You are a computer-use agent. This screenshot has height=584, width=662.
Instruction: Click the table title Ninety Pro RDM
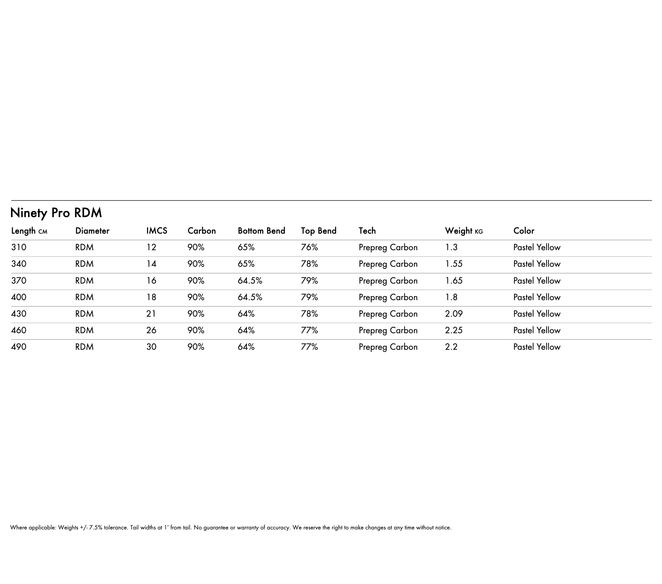(56, 213)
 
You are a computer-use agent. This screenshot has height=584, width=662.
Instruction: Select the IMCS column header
(157, 231)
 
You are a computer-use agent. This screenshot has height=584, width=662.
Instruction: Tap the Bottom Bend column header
(261, 231)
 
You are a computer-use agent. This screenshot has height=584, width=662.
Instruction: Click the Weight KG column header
(463, 231)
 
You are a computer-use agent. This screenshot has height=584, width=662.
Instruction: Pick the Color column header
(524, 231)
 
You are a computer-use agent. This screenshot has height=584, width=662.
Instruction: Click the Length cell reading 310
(19, 247)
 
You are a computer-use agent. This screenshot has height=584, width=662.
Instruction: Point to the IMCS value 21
(151, 314)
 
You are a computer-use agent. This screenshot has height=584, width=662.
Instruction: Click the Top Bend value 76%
(309, 247)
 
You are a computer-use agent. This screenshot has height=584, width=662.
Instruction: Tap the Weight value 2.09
(454, 314)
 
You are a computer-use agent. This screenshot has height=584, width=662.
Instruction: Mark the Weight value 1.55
(454, 264)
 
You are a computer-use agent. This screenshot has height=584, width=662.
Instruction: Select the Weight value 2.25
(454, 330)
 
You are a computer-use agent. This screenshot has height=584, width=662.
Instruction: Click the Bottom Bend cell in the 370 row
(250, 281)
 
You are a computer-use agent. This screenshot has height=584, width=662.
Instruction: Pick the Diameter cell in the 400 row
(84, 297)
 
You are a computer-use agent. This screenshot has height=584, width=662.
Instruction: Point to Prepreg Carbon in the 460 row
(388, 330)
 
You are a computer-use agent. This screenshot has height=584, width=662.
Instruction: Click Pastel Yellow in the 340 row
(537, 264)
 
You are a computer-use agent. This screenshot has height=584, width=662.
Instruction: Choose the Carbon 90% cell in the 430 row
(196, 314)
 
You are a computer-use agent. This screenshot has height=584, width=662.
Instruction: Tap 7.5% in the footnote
(96, 528)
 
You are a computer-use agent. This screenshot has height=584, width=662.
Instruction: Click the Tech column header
(367, 231)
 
